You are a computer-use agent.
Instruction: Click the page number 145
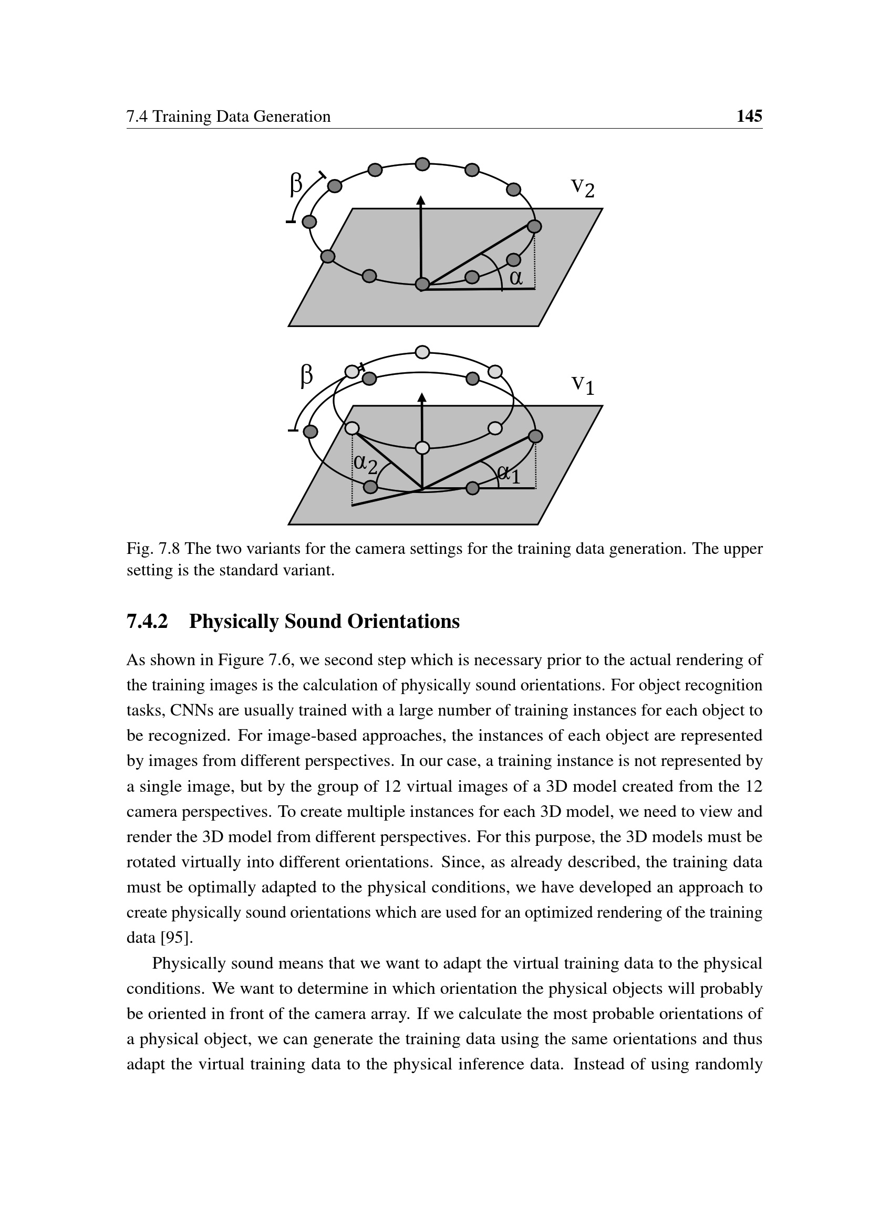[x=749, y=116]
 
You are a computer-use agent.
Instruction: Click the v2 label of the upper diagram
[x=582, y=187]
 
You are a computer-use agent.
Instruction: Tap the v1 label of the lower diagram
[x=582, y=384]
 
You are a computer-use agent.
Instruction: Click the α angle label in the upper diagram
[x=516, y=277]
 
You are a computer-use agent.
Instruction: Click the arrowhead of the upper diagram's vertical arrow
[x=421, y=201]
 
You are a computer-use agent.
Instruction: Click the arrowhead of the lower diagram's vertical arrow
[x=422, y=397]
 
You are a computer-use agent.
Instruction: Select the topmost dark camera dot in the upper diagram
[x=423, y=164]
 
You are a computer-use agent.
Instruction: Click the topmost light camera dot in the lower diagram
[x=423, y=352]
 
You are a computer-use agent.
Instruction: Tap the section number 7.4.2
[x=147, y=622]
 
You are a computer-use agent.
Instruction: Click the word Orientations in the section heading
[x=404, y=622]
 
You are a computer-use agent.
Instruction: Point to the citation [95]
[x=176, y=938]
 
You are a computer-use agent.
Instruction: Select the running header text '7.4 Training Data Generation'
[x=229, y=117]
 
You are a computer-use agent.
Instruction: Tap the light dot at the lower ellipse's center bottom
[x=423, y=448]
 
